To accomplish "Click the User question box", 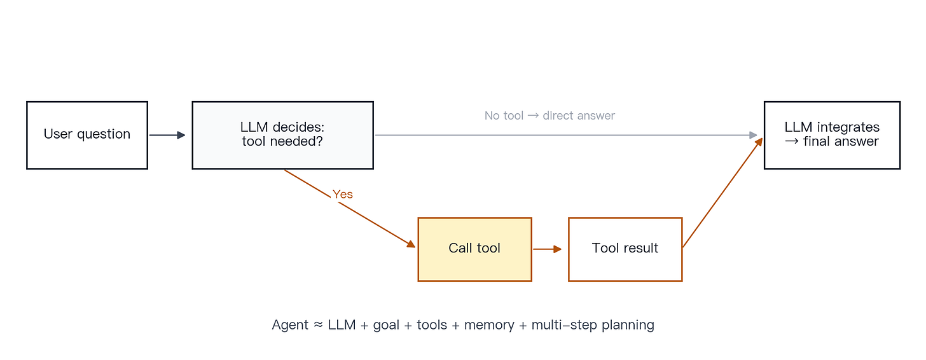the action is click(x=87, y=135).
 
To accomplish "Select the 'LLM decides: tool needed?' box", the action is click(x=283, y=135).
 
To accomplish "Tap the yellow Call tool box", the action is click(x=474, y=249).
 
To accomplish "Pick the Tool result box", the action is click(x=625, y=249).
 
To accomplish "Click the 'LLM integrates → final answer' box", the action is click(x=832, y=135).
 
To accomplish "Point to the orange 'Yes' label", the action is click(x=343, y=194).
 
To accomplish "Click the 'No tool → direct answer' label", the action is click(x=549, y=116).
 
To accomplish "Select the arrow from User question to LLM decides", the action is click(x=167, y=135).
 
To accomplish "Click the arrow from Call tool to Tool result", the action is click(x=548, y=249).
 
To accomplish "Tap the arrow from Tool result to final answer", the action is click(x=722, y=193).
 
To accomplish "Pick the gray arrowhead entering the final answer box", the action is click(x=753, y=135).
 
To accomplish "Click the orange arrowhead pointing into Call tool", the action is click(x=411, y=244).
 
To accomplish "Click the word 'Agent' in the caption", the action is click(x=290, y=325).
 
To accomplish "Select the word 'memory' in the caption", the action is click(x=489, y=325).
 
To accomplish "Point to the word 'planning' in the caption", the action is click(x=628, y=325).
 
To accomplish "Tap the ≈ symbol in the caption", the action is click(x=318, y=324).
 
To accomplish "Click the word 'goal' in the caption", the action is click(x=386, y=325).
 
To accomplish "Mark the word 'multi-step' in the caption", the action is click(x=564, y=325).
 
